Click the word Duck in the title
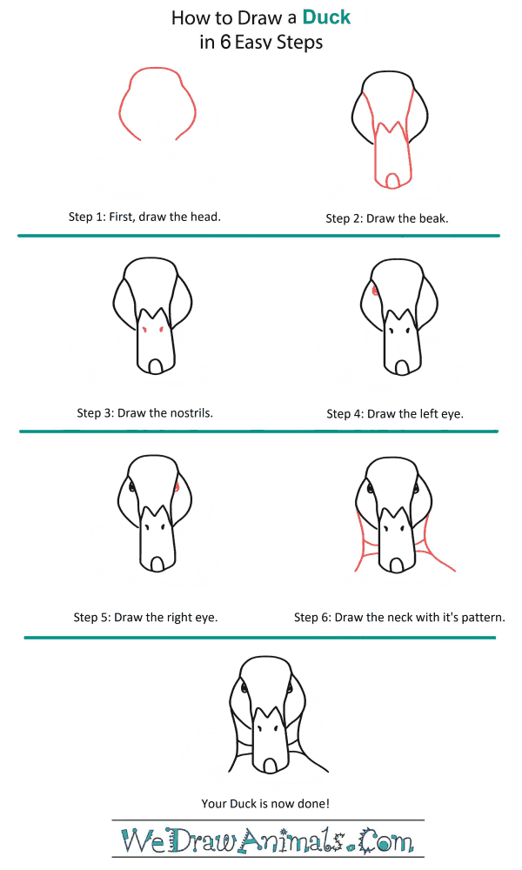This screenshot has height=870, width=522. point(326,17)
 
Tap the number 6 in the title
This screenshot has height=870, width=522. point(225,42)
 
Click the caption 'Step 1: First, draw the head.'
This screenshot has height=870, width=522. point(144,217)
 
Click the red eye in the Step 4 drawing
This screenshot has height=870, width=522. point(375,291)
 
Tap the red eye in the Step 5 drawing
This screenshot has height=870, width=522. point(177,487)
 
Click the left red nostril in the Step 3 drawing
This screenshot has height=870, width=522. point(144,330)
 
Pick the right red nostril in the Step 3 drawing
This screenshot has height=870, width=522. point(161,330)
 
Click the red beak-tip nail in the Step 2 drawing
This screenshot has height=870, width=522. point(393,181)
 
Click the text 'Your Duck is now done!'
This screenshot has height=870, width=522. point(265,803)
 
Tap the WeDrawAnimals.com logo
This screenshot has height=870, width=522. point(267,840)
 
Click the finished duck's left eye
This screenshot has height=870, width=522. point(244,688)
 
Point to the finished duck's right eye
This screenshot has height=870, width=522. point(290,688)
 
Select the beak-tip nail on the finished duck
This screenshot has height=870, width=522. point(271,766)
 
